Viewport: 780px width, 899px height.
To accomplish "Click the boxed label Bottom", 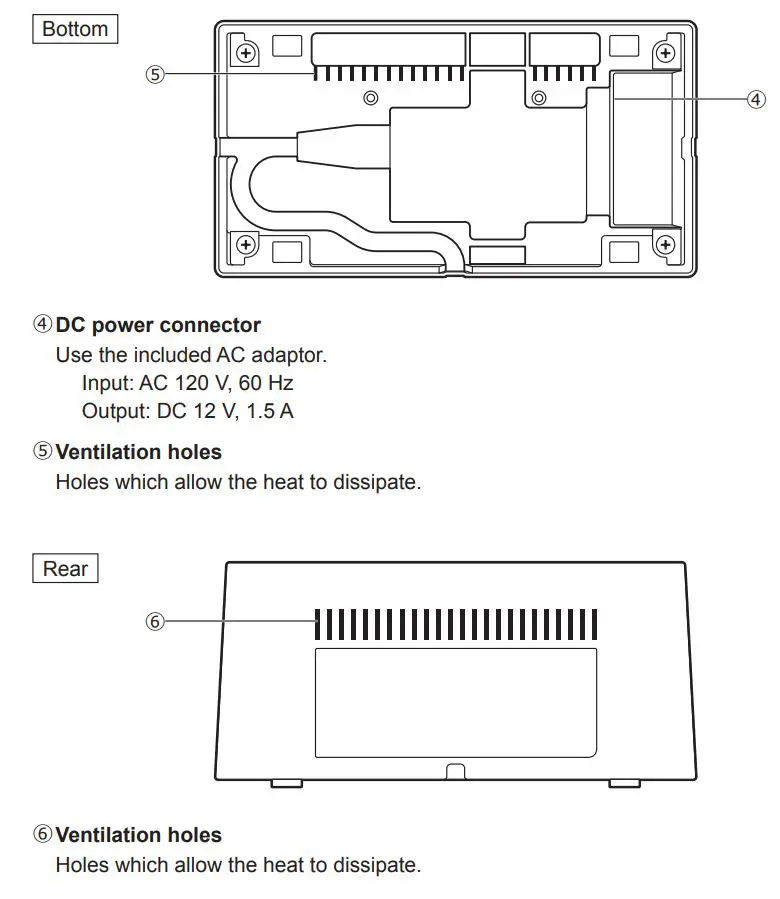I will click(75, 29).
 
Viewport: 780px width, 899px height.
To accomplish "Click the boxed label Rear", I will click(65, 569).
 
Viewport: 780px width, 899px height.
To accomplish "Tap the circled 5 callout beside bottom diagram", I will click(154, 73).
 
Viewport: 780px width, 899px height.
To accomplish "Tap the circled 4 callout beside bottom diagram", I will click(756, 98).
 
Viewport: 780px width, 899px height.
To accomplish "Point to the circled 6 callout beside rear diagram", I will click(154, 621).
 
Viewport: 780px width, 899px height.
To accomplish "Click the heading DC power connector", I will click(158, 325).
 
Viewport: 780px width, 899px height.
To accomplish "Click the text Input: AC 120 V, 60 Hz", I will click(187, 383).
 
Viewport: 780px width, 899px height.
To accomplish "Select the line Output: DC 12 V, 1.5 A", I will click(187, 411).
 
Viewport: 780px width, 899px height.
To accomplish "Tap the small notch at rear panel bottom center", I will click(456, 772).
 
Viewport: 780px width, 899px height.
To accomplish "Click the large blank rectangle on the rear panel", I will click(456, 702).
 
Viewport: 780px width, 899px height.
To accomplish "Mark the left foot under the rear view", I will click(287, 783).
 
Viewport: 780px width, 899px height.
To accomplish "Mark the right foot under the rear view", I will click(625, 783).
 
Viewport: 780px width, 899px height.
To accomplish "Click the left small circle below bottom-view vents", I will click(371, 98).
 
